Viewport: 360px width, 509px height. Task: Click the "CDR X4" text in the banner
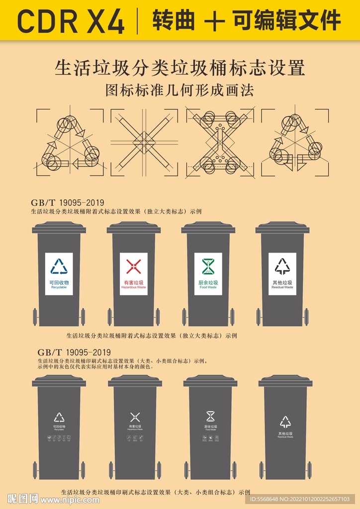pyautogui.click(x=71, y=21)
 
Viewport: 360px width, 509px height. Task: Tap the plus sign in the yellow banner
pyautogui.click(x=214, y=21)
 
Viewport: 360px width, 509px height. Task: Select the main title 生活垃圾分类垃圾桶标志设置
pyautogui.click(x=180, y=68)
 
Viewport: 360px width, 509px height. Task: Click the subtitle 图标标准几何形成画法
pyautogui.click(x=180, y=90)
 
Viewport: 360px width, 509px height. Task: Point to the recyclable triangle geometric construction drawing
pyautogui.click(x=70, y=142)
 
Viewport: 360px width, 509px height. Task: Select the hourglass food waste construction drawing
pyautogui.click(x=219, y=142)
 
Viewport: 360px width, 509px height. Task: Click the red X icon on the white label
pyautogui.click(x=133, y=266)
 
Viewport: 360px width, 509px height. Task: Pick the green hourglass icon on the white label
pyautogui.click(x=208, y=266)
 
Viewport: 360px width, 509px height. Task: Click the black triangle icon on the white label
pyautogui.click(x=282, y=266)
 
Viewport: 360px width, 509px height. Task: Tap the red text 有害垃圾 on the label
pyautogui.click(x=133, y=282)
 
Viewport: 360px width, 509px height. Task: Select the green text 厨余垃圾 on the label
pyautogui.click(x=208, y=282)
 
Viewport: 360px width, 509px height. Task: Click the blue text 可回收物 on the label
pyautogui.click(x=59, y=282)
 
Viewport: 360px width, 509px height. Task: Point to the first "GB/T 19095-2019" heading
pyautogui.click(x=67, y=203)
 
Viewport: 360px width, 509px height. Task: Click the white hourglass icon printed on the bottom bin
pyautogui.click(x=210, y=416)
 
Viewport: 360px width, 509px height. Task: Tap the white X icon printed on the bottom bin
pyautogui.click(x=135, y=417)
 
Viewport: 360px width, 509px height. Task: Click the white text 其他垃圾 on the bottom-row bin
pyautogui.click(x=285, y=433)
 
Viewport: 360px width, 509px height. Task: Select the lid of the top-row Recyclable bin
pyautogui.click(x=59, y=228)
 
